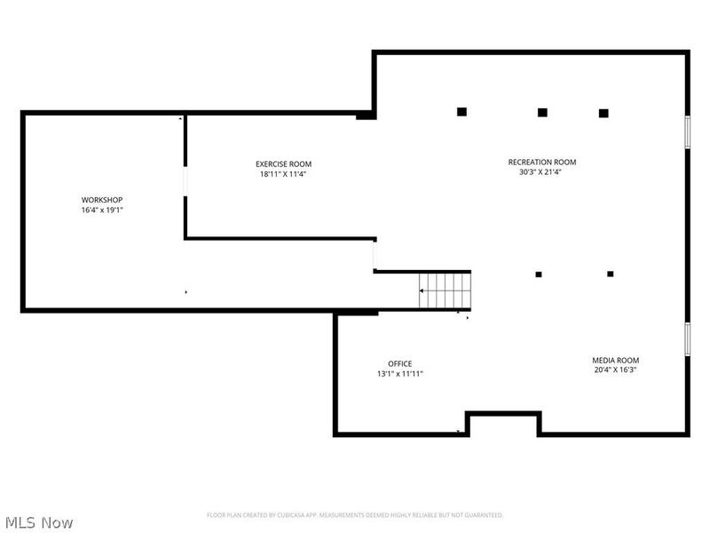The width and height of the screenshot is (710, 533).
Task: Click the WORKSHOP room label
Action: point(102,199)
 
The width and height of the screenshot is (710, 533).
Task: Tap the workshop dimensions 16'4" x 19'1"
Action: point(102,211)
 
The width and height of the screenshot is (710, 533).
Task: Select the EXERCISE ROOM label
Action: point(284,163)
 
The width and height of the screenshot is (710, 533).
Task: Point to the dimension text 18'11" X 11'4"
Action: point(284,174)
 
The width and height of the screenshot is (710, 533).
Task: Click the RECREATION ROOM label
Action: point(542,162)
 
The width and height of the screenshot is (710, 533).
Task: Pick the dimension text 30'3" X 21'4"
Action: point(542,172)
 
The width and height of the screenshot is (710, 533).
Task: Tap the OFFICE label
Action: point(400,363)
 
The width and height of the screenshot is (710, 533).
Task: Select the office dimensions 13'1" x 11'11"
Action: point(400,374)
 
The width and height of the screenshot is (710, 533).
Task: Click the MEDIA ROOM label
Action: point(616,360)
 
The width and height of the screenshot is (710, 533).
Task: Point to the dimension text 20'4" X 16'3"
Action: point(616,370)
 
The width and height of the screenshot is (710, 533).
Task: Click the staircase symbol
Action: point(445,290)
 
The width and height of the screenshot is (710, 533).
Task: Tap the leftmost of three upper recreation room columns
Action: point(461,112)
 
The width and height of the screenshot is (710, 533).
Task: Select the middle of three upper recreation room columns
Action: point(542,113)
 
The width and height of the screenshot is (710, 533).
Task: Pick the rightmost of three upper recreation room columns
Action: point(603,113)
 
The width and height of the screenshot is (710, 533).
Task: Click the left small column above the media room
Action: point(539,274)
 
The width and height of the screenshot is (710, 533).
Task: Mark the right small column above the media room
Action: point(611,274)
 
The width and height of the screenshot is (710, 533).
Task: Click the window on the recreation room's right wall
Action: point(687,131)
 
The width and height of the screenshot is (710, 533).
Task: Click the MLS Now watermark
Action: point(40,522)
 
